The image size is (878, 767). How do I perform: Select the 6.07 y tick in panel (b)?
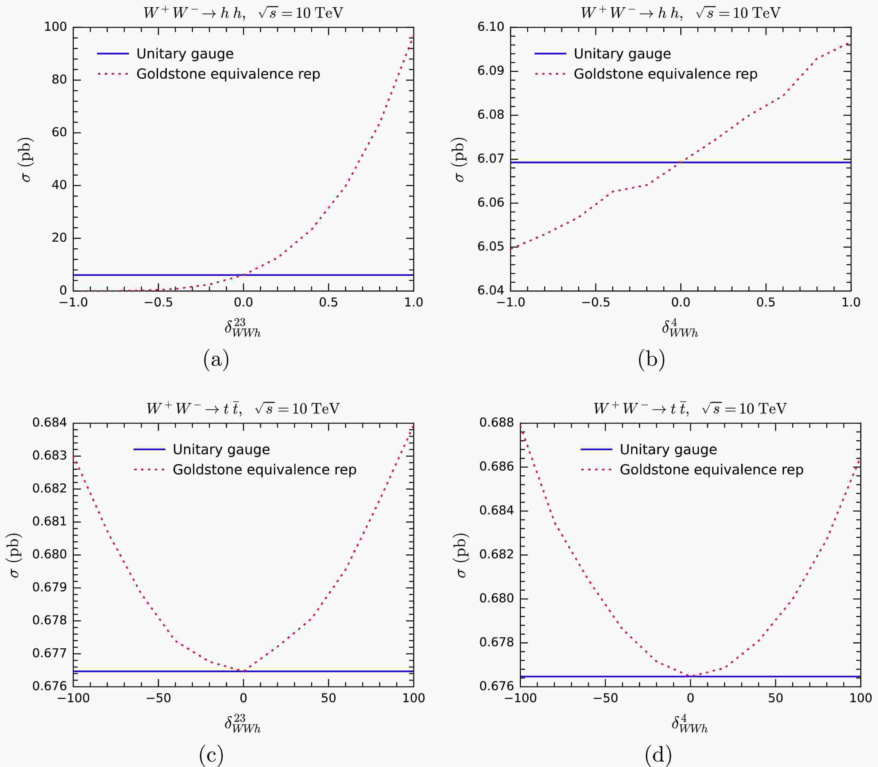(x=491, y=159)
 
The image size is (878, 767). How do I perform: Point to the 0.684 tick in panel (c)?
(x=50, y=423)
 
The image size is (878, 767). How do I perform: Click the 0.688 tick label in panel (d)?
(x=496, y=423)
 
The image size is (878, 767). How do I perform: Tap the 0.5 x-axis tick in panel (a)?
(x=328, y=303)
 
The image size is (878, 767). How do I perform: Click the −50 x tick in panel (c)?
(x=158, y=698)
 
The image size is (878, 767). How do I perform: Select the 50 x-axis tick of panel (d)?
(x=775, y=698)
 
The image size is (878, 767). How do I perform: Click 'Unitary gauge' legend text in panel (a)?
(x=185, y=54)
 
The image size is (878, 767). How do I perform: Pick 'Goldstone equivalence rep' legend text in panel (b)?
(x=665, y=74)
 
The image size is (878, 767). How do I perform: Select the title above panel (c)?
(x=243, y=409)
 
